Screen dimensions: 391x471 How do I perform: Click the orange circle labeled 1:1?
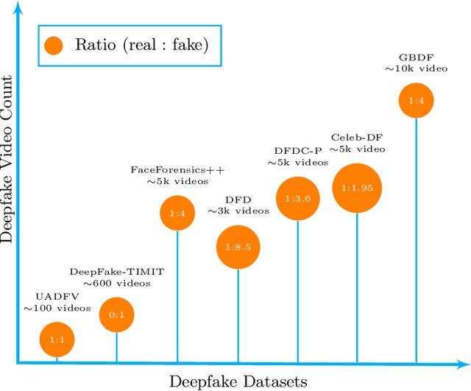click(57, 339)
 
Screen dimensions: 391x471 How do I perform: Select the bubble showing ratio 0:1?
click(117, 315)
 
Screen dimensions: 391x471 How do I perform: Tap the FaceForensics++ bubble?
click(177, 214)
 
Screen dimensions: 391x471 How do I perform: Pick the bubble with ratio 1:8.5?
click(238, 247)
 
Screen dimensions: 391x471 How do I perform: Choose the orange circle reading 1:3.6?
click(297, 197)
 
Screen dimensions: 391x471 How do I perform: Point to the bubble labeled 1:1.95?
click(357, 189)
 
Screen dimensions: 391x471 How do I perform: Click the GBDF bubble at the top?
click(417, 101)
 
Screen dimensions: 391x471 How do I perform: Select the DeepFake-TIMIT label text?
click(117, 272)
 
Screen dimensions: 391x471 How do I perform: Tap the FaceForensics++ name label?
click(177, 170)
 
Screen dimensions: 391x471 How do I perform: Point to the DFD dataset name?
click(238, 199)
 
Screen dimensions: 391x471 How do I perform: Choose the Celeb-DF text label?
click(357, 137)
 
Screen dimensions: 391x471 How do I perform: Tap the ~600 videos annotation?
click(117, 283)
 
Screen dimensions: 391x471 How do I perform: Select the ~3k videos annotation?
click(238, 211)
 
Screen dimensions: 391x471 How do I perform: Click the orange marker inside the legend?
click(53, 46)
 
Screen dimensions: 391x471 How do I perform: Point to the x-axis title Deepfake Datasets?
click(238, 381)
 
